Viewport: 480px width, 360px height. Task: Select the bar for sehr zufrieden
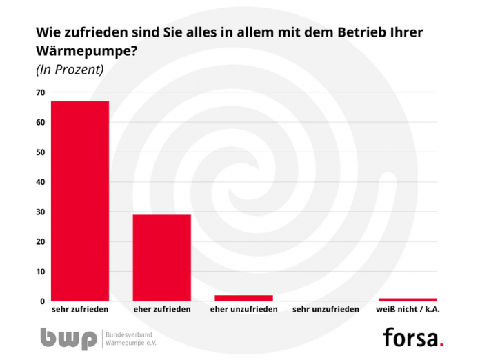(80, 201)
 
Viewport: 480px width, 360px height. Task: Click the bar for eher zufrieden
(161, 257)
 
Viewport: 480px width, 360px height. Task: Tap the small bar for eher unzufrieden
(243, 298)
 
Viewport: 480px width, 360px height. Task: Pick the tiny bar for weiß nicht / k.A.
(408, 299)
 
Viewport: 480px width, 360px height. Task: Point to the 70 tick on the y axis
(40, 93)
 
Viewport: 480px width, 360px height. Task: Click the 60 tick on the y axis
(40, 123)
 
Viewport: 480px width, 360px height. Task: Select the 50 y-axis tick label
(40, 152)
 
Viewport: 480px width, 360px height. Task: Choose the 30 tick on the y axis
(40, 212)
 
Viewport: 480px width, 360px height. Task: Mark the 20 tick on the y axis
(40, 242)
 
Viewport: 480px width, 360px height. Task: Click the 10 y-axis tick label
(40, 272)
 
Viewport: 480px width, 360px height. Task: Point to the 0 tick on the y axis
(42, 301)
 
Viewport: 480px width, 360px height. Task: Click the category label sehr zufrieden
(80, 310)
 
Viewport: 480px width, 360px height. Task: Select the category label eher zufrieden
(161, 310)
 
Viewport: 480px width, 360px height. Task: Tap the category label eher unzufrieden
(243, 310)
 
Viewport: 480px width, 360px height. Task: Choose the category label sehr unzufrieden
(326, 310)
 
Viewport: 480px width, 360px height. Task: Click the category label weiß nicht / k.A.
(408, 310)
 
